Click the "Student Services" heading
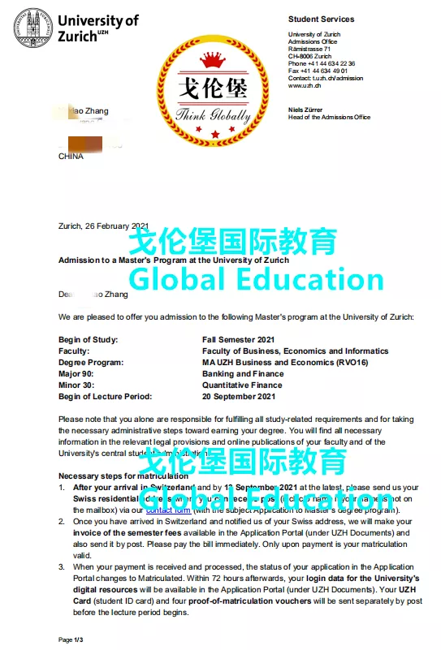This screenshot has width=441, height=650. [321, 19]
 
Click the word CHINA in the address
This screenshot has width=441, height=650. [71, 157]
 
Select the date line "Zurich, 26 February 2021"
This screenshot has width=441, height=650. [104, 226]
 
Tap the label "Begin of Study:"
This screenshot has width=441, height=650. [89, 339]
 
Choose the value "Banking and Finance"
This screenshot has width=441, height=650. [243, 374]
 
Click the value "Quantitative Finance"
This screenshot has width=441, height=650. [243, 385]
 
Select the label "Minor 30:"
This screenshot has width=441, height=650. [78, 385]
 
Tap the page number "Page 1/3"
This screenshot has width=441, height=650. [71, 640]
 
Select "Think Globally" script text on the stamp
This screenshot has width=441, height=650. [214, 114]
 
